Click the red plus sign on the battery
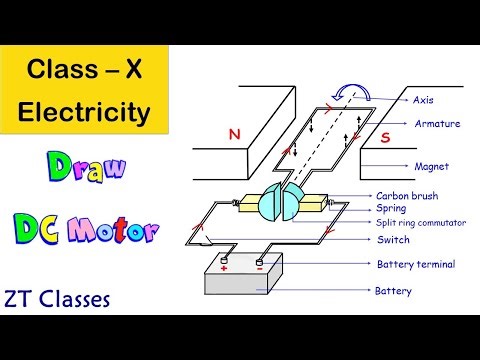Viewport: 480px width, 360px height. click(x=224, y=268)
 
